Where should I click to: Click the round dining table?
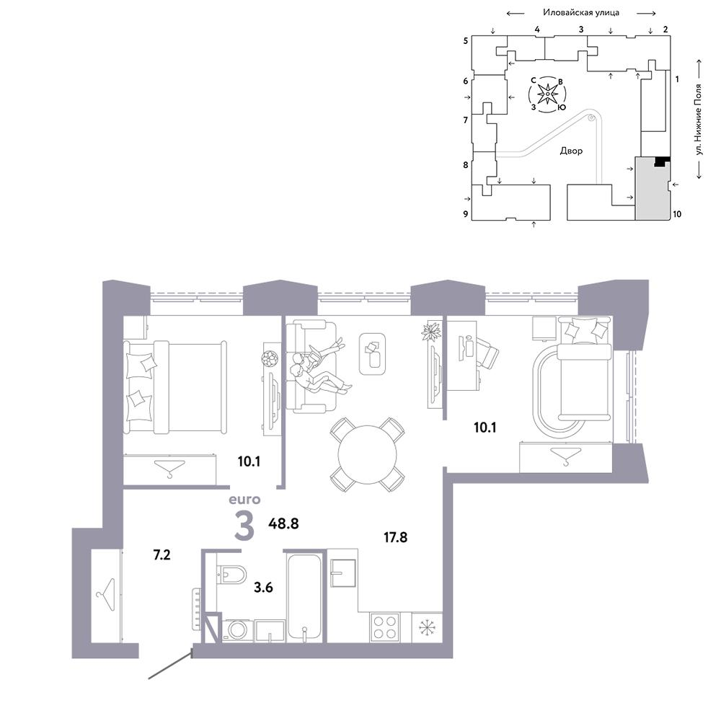pyautogui.click(x=367, y=455)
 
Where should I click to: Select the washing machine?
pyautogui.click(x=238, y=629)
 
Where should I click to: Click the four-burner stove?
pyautogui.click(x=384, y=627)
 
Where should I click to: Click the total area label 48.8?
pyautogui.click(x=283, y=523)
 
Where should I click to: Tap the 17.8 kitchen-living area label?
pyautogui.click(x=395, y=537)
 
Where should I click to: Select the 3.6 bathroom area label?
pyautogui.click(x=263, y=587)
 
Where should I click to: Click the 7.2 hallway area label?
pyautogui.click(x=162, y=555)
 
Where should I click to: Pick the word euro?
pyautogui.click(x=244, y=500)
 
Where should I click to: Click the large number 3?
pyautogui.click(x=244, y=526)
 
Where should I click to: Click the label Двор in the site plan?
pyautogui.click(x=571, y=151)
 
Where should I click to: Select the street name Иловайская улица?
pyautogui.click(x=581, y=12)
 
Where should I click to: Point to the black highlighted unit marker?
pyautogui.click(x=662, y=162)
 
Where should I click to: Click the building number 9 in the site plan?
pyautogui.click(x=466, y=214)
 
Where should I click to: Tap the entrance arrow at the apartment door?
pyautogui.click(x=169, y=664)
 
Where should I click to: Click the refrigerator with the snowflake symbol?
pyautogui.click(x=427, y=627)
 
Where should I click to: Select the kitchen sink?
pyautogui.click(x=344, y=573)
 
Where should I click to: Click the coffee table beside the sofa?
pyautogui.click(x=373, y=353)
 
